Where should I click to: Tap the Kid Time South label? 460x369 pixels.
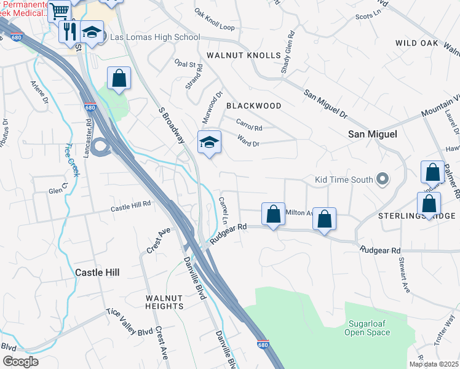[x=344, y=180]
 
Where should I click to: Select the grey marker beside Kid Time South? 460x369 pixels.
[x=383, y=180]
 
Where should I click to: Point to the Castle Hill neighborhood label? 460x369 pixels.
[x=97, y=272]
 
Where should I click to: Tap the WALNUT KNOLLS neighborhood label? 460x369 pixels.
[x=244, y=55]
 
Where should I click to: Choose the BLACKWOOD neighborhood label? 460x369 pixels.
[x=254, y=106]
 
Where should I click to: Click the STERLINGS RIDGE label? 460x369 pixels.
[x=416, y=216]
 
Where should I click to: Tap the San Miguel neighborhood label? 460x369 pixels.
[x=373, y=134]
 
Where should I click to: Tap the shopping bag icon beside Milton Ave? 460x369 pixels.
[x=274, y=214]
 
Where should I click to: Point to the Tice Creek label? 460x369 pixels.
[x=71, y=160]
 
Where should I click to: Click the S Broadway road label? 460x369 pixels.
[x=172, y=125]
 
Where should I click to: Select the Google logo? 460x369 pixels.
[x=20, y=361]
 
